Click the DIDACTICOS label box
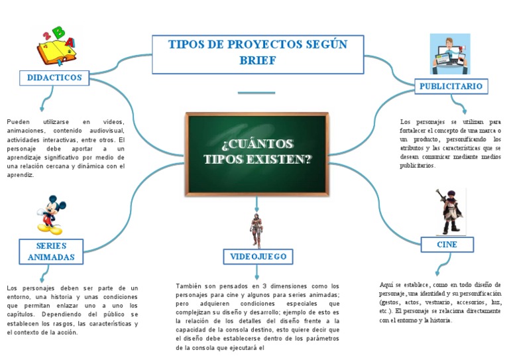(54, 78)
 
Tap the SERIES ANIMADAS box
(51, 252)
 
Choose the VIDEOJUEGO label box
(258, 256)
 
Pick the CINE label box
(447, 245)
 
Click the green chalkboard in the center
(258, 153)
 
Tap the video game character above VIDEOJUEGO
(256, 230)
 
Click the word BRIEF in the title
(257, 61)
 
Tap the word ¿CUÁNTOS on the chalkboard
(257, 145)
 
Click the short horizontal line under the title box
(256, 92)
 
